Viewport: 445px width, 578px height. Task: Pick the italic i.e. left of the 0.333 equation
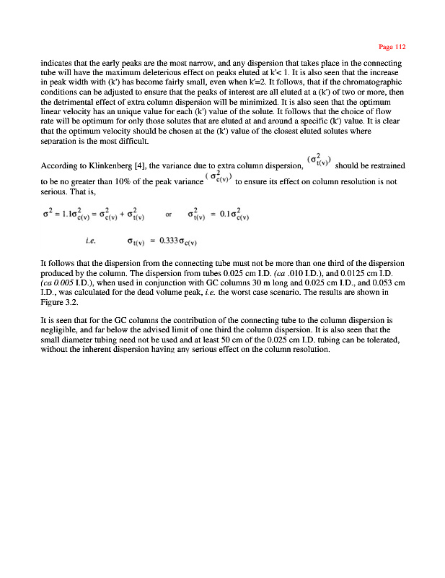click(90, 241)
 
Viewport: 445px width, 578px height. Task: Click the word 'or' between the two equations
click(168, 215)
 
